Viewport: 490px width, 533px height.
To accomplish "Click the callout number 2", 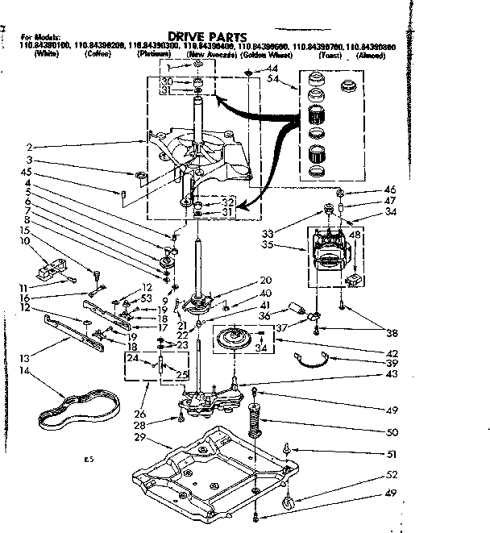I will click(30, 148).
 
